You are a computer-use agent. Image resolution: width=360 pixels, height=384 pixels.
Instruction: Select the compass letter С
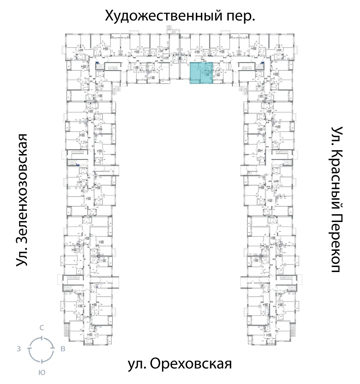click(42, 327)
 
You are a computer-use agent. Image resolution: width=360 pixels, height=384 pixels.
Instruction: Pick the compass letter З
click(18, 349)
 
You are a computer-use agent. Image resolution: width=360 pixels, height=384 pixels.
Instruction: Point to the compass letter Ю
click(42, 373)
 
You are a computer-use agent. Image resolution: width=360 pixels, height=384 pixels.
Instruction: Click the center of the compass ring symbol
click(42, 349)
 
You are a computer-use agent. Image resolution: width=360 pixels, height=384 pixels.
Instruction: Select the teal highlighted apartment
click(201, 73)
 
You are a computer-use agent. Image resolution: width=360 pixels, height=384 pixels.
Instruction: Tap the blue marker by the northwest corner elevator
click(97, 63)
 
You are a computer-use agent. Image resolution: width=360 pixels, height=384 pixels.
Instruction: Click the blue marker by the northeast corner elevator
click(262, 63)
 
